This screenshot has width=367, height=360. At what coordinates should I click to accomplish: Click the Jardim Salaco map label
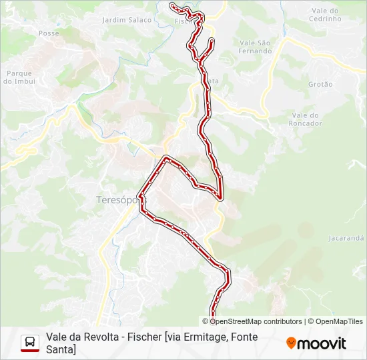tap(127, 20)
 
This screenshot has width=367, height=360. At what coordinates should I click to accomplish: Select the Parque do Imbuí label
tap(19, 77)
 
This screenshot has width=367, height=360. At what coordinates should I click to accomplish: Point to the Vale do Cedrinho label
tap(326, 15)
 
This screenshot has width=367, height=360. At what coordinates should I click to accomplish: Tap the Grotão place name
tap(320, 84)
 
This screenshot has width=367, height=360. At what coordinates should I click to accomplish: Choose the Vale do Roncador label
tap(306, 119)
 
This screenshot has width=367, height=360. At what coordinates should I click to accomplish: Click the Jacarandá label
tap(346, 238)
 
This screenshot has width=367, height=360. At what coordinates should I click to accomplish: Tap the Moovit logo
tap(316, 343)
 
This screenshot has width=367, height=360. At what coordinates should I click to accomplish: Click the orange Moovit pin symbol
tap(291, 343)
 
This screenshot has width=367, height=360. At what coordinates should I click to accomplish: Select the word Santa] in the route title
tap(61, 349)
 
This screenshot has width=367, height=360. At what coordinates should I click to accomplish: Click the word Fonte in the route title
tap(244, 337)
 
